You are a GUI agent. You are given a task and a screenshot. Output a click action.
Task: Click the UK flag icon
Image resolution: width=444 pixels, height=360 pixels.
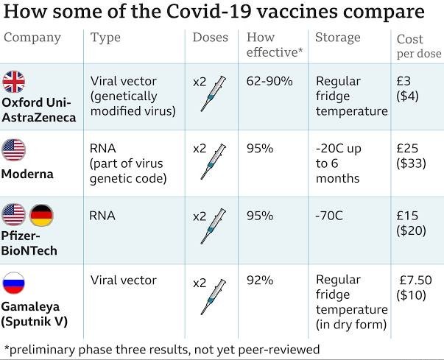pyautogui.click(x=14, y=82)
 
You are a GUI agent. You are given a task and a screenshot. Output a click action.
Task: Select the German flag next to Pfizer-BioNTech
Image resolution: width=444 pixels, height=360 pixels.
pyautogui.click(x=41, y=216)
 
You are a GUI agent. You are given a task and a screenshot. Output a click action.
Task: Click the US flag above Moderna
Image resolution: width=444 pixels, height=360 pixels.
pyautogui.click(x=14, y=149)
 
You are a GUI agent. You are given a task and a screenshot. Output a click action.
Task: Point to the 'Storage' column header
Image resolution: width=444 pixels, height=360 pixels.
pyautogui.click(x=338, y=38)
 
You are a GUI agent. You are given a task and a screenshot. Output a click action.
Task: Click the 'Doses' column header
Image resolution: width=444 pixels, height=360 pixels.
pyautogui.click(x=211, y=38)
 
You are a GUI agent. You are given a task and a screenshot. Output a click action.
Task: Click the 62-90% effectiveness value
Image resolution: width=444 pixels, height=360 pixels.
pyautogui.click(x=269, y=81)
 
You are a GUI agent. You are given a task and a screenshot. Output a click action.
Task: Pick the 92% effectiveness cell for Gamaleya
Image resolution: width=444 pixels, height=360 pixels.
pyautogui.click(x=260, y=280)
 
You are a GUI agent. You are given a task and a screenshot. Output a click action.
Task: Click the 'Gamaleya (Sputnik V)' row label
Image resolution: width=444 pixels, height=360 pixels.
pyautogui.click(x=32, y=314)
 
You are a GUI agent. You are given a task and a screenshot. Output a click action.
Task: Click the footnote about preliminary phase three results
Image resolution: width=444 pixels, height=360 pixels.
pyautogui.click(x=162, y=349)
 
